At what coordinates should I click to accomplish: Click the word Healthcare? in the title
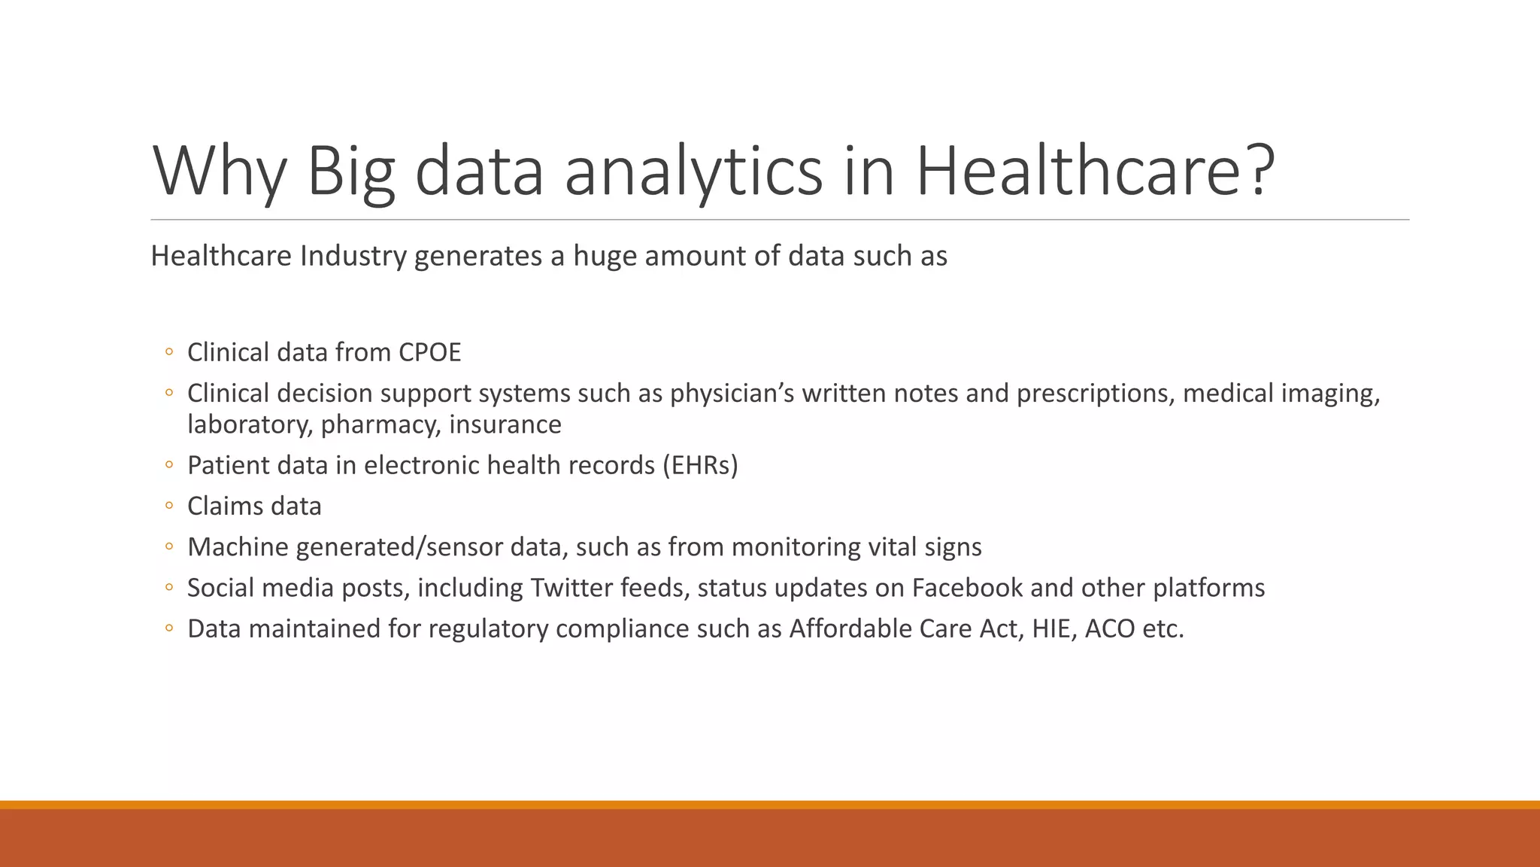tap(1095, 171)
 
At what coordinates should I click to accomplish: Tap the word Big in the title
tap(350, 171)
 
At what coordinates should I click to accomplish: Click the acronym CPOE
tap(429, 352)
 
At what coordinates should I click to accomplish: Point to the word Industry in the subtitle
tap(353, 256)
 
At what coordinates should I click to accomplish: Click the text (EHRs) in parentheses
tap(700, 465)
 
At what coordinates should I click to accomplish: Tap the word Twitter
tap(571, 587)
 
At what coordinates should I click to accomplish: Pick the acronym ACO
tap(1109, 628)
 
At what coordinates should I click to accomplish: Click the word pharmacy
tap(380, 424)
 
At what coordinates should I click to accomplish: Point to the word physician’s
tap(732, 393)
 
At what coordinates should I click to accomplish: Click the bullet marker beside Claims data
tap(169, 506)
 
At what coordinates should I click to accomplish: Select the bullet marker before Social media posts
tap(169, 587)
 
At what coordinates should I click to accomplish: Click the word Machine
tap(238, 546)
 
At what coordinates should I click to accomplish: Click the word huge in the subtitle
tap(605, 256)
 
